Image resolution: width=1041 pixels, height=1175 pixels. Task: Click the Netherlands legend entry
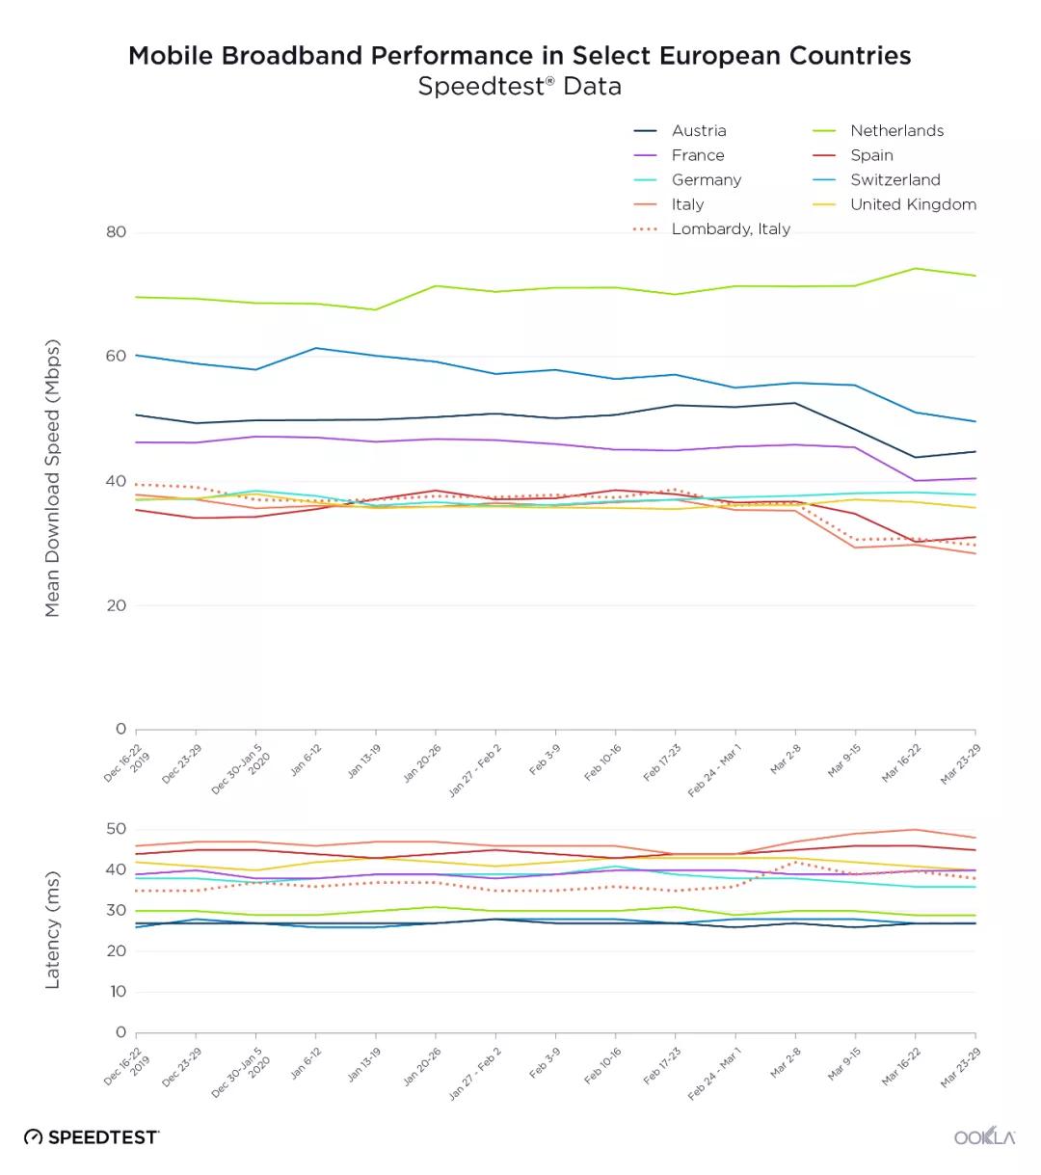pos(896,131)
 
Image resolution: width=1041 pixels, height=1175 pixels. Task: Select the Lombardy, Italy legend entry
pos(730,229)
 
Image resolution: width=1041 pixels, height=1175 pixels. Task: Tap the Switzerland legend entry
pos(894,180)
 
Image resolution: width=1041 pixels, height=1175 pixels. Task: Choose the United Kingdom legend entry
pos(913,204)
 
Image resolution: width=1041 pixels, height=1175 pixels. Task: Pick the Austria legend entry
pos(699,131)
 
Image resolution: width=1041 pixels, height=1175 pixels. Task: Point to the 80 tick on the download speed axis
pos(116,232)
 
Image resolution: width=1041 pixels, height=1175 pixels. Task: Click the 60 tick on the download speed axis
pos(116,357)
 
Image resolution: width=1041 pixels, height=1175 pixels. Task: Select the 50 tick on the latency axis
pos(116,829)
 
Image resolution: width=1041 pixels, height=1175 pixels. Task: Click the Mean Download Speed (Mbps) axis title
pos(53,478)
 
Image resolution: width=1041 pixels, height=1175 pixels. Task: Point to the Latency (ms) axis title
pos(53,930)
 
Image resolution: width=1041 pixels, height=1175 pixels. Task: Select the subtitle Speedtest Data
pos(520,87)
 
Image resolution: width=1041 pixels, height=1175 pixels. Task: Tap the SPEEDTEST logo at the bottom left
pos(92,1137)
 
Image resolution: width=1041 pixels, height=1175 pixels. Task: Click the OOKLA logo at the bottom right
pos(984,1136)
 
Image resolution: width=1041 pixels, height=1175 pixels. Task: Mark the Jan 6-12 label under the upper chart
pos(307,761)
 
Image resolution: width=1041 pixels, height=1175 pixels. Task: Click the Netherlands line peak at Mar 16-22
pos(915,268)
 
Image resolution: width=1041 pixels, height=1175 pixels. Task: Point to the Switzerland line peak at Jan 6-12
pos(316,348)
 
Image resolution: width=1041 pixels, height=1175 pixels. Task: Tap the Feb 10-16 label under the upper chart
pos(603,761)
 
